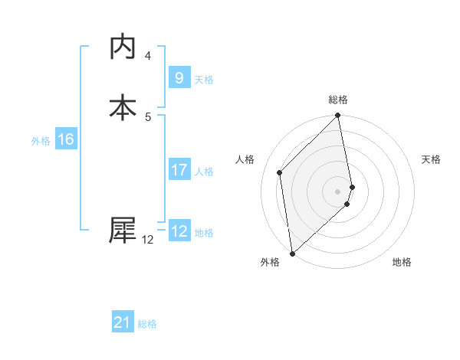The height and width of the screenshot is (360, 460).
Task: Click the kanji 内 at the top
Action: pyautogui.click(x=123, y=47)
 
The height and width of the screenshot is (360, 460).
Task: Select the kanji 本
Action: pyautogui.click(x=123, y=106)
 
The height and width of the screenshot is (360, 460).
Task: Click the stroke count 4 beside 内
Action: pyautogui.click(x=148, y=56)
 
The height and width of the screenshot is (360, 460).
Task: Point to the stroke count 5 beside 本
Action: pyautogui.click(x=148, y=116)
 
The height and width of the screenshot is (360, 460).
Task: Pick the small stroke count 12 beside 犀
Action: pyautogui.click(x=148, y=240)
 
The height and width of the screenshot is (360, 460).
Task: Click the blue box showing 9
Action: pyautogui.click(x=179, y=78)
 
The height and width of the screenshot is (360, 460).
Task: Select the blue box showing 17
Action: pyautogui.click(x=179, y=170)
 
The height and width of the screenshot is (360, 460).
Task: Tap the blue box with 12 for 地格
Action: pyautogui.click(x=179, y=231)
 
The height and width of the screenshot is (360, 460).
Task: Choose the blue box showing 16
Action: pyautogui.click(x=66, y=139)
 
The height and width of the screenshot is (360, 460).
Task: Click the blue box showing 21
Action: pyautogui.click(x=123, y=323)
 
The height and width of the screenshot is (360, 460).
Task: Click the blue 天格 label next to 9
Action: pyautogui.click(x=204, y=80)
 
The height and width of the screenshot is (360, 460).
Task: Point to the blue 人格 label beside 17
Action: pyautogui.click(x=205, y=172)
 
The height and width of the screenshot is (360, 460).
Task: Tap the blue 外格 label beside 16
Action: pyautogui.click(x=41, y=141)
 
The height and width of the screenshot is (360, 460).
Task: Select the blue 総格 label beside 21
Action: pyautogui.click(x=147, y=325)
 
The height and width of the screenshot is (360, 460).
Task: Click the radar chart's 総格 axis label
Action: pyautogui.click(x=338, y=100)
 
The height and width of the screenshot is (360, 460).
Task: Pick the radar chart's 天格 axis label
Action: pyautogui.click(x=431, y=159)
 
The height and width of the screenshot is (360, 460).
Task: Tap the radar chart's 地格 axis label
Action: pyautogui.click(x=402, y=262)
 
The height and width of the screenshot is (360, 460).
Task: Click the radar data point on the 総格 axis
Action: pyautogui.click(x=338, y=116)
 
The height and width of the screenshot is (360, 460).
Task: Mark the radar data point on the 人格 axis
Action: pyautogui.click(x=280, y=172)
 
